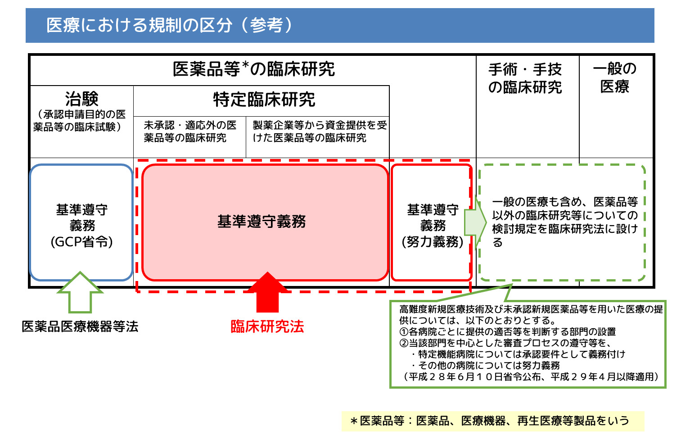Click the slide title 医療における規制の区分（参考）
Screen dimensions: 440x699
point(169,25)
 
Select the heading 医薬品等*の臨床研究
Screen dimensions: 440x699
point(253,69)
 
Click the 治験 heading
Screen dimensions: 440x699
point(81,99)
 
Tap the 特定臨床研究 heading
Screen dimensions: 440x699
point(264,100)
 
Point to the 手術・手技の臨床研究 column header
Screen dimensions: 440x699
point(525,78)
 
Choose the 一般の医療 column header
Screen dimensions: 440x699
point(614,77)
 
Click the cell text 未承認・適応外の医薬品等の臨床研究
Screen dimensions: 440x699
point(190,131)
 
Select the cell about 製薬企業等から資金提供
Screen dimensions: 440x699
point(319,131)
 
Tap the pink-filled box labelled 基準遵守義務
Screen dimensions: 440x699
point(265,222)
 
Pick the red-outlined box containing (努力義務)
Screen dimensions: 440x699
point(432,223)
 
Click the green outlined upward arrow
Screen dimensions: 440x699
point(80,292)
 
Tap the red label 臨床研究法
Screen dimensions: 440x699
point(267,327)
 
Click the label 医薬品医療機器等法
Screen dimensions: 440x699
point(80,327)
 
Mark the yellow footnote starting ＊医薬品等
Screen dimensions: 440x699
point(493,421)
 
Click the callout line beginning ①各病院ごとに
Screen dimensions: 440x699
point(508,332)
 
